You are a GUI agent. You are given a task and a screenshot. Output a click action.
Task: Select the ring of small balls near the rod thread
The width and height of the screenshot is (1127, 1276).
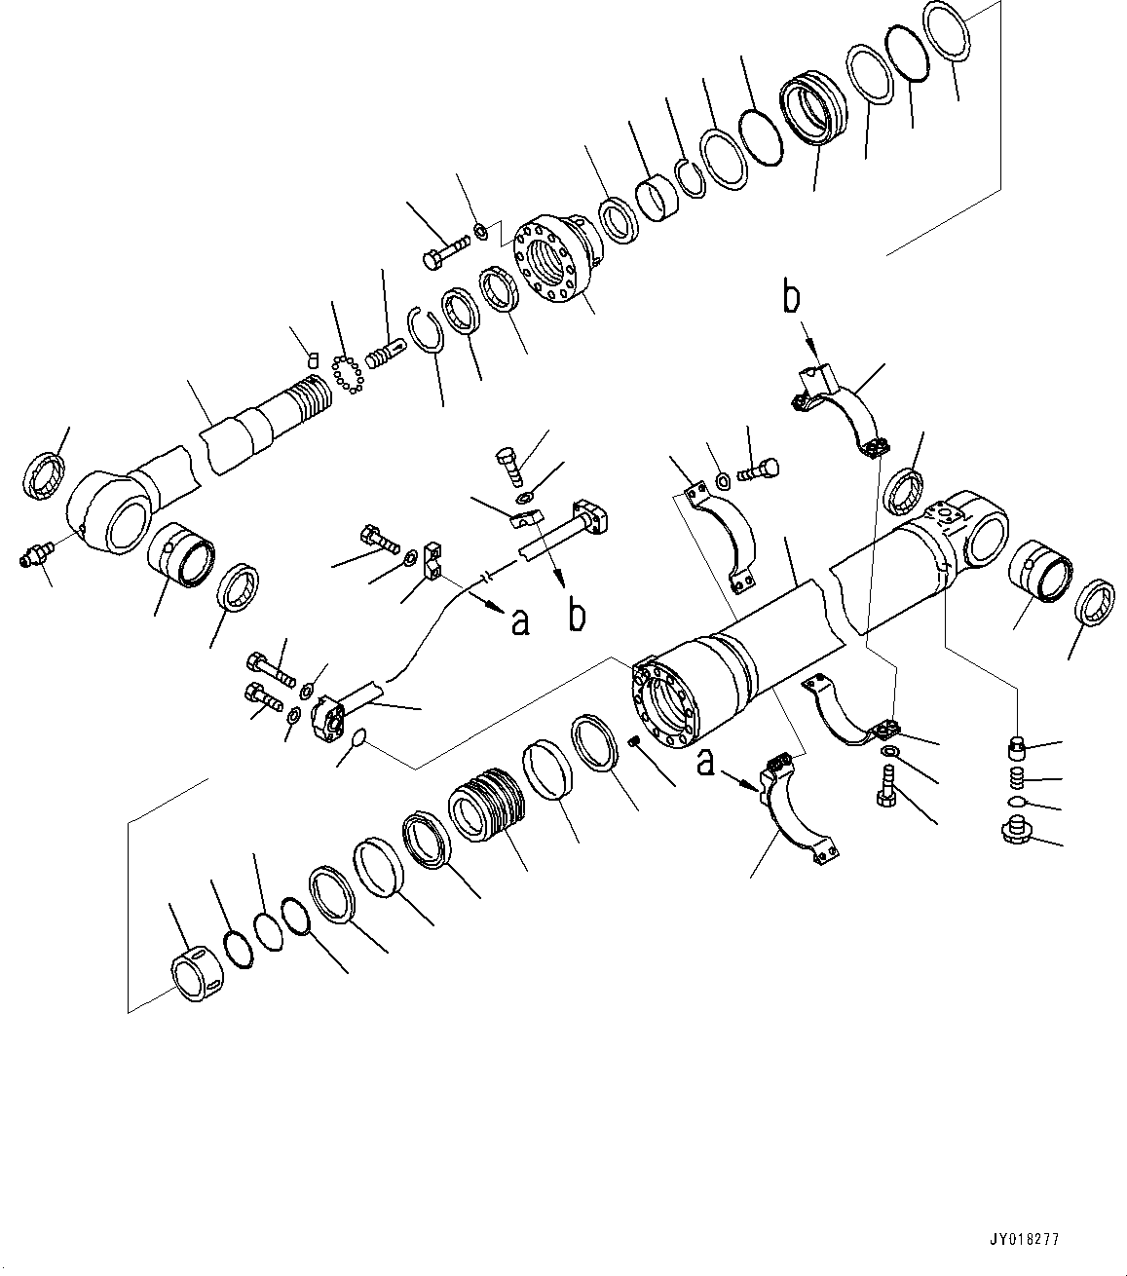(345, 374)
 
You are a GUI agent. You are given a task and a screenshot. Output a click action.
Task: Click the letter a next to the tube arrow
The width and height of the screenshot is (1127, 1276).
(520, 621)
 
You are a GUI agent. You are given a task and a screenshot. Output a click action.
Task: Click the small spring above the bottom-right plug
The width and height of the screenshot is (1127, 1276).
(1016, 779)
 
